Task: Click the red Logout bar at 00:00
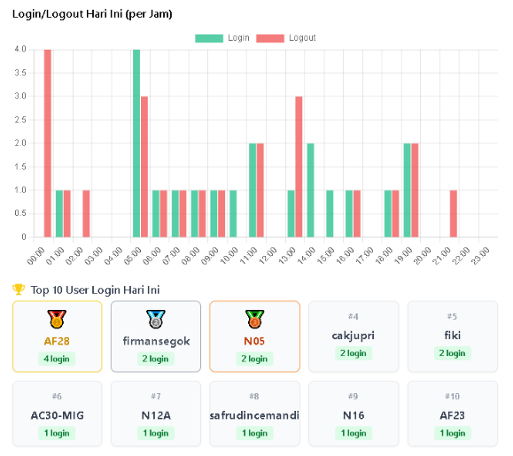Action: click(48, 143)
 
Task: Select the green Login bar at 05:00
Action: click(136, 143)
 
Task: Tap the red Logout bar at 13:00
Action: click(299, 166)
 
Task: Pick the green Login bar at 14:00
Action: click(310, 189)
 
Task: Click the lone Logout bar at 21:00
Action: click(454, 213)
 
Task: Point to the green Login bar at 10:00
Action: click(233, 213)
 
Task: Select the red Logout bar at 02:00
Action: click(87, 213)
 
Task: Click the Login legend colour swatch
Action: click(209, 38)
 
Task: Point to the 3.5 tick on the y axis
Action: click(19, 73)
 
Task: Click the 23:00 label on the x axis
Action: click(479, 255)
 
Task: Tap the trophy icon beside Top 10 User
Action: click(19, 290)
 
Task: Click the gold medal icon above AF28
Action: click(57, 319)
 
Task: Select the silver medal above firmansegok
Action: click(156, 319)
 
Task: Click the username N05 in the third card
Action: click(254, 341)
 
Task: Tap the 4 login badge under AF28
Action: click(57, 359)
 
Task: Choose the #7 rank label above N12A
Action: click(156, 397)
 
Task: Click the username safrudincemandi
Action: click(254, 415)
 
